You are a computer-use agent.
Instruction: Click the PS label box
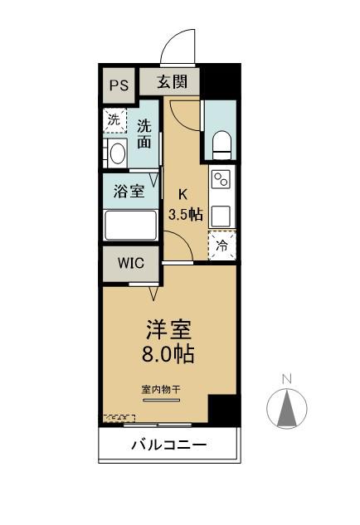119,85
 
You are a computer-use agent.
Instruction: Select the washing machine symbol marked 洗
113,119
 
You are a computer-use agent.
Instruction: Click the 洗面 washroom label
144,134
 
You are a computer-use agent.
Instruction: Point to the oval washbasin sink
116,153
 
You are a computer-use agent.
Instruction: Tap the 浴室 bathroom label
129,191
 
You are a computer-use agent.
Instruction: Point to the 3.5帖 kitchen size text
185,214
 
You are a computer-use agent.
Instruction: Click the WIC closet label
130,263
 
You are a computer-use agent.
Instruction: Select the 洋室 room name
170,330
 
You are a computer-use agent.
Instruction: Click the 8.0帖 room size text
170,355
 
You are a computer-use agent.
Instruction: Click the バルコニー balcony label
169,446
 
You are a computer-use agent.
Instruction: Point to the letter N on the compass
287,379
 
